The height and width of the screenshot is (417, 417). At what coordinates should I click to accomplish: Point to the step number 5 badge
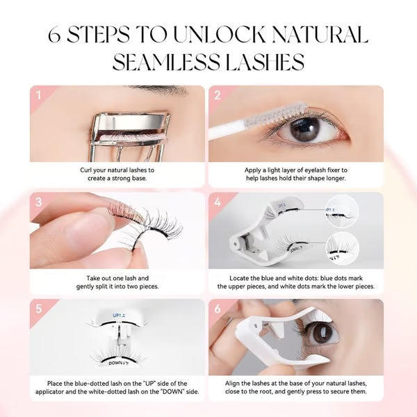tap(38, 309)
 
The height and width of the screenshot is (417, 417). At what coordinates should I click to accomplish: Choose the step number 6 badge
tap(216, 309)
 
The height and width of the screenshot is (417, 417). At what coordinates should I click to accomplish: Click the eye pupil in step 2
tap(304, 129)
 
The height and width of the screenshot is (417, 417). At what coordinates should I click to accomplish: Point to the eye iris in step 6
tap(322, 333)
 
